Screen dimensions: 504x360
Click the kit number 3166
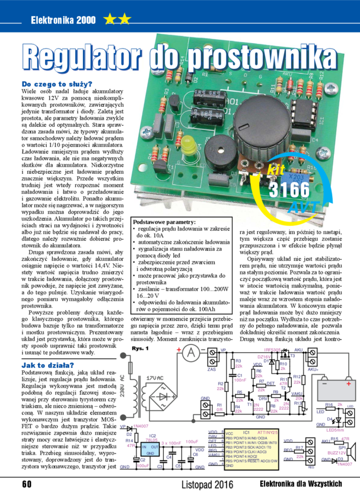click(x=289, y=190)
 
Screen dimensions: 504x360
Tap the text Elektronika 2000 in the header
click(x=63, y=20)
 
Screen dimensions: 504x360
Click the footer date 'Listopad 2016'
click(x=208, y=484)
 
